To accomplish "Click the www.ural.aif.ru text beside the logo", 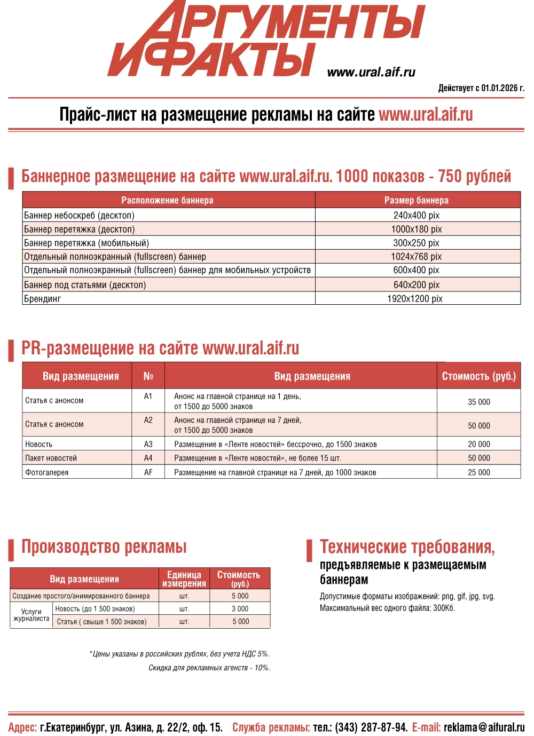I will coord(371,72).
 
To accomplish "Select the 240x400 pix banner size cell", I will coord(417,216).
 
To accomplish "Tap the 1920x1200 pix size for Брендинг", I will coord(415,299).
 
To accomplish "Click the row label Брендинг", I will coord(43,299).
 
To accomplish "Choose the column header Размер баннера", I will coord(417,200).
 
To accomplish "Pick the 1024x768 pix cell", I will coord(417,257).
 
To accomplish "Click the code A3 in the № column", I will coord(148,444).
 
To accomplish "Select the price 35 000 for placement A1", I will coord(479,402).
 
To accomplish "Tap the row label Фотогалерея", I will coord(47,472).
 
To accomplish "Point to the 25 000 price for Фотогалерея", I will coord(479,472).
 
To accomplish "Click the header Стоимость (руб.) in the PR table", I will coord(479,376).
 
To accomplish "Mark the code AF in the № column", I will coord(148,472).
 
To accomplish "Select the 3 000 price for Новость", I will coord(240,608).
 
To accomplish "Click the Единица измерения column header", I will coord(184,579).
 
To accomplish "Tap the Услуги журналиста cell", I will coord(32,615).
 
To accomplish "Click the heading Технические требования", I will coord(407,547).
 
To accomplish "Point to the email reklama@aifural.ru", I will coord(484,727).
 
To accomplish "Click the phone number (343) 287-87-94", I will coord(371,727).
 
